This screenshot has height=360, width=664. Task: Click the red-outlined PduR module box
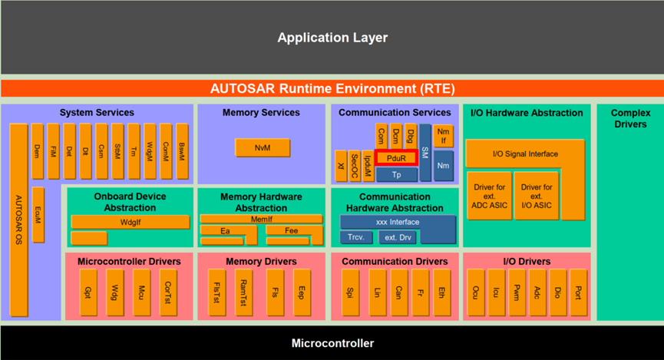point(396,158)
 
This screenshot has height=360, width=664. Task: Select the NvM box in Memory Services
point(263,147)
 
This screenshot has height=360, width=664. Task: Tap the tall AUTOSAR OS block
point(19,219)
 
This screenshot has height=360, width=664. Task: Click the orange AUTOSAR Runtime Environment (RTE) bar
point(332,88)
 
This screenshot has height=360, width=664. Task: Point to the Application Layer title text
point(332,38)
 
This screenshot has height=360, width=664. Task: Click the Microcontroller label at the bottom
point(332,343)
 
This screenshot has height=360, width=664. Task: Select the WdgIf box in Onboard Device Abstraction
point(130,223)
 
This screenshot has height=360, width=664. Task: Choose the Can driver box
point(399,292)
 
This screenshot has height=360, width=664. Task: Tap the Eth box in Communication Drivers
point(442,292)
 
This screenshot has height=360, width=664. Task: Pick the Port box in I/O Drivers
point(577,292)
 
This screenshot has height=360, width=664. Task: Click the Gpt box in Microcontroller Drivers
point(87,292)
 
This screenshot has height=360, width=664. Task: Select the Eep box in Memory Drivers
point(302,292)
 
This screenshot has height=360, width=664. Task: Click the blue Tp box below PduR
point(396,175)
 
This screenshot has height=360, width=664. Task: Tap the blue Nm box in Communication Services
point(443,165)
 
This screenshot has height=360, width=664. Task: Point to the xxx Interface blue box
point(397,223)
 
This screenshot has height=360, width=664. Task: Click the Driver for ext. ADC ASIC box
point(488,196)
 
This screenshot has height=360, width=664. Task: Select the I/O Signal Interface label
point(524,154)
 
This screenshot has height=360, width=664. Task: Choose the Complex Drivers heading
point(629,118)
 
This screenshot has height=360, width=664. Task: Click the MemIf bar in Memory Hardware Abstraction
point(262,220)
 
